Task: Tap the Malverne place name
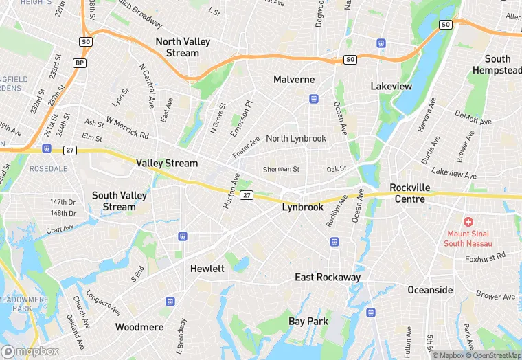(x=294, y=80)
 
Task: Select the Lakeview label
(x=391, y=86)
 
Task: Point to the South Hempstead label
(x=503, y=65)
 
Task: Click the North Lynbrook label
(x=296, y=138)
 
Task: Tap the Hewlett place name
(x=207, y=269)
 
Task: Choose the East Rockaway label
(x=328, y=277)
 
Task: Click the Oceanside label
(x=430, y=290)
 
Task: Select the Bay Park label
(x=308, y=321)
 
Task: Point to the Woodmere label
(x=139, y=327)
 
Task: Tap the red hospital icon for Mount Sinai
(x=468, y=222)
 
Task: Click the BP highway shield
(x=80, y=63)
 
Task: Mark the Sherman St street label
(x=282, y=169)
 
